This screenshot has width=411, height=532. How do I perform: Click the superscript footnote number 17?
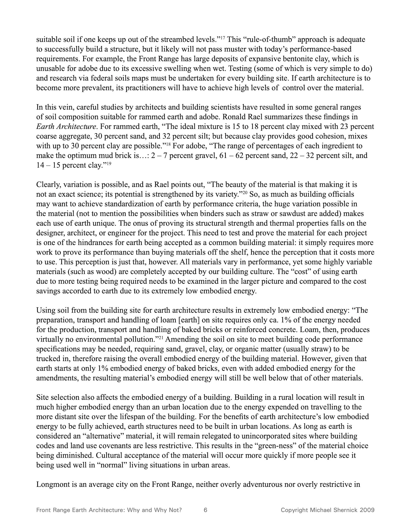[222, 38]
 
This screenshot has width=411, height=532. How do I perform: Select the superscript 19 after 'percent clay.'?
[109, 164]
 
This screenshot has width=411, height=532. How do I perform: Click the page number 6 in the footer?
[206, 510]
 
